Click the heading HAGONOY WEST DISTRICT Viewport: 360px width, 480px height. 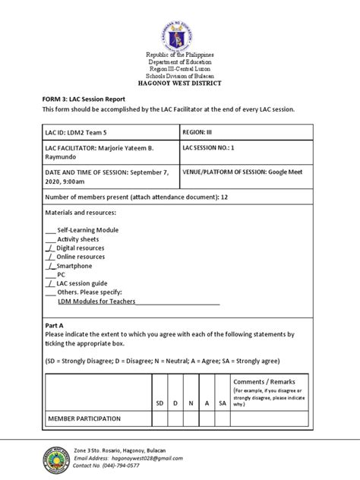tap(180, 84)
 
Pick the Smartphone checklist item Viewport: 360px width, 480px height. tap(74, 266)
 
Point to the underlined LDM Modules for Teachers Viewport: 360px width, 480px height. tap(96, 302)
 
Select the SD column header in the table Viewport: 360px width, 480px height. tap(159, 403)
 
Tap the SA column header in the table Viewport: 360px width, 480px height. tap(223, 403)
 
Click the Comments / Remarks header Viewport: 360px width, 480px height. tap(270, 381)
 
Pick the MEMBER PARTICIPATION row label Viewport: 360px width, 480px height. tap(84, 418)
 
